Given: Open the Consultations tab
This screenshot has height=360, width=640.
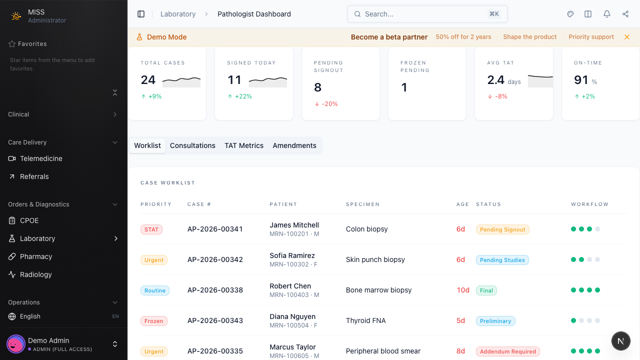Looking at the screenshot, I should (x=192, y=145).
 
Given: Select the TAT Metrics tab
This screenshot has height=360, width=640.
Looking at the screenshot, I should (x=244, y=145).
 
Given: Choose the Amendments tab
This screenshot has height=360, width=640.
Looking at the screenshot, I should (x=294, y=145).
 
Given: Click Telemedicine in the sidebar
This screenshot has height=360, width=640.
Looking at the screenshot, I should (x=41, y=158).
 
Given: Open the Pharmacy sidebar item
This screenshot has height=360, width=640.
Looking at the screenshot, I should (x=36, y=256).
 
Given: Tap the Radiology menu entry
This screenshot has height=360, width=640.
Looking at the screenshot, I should (x=36, y=274).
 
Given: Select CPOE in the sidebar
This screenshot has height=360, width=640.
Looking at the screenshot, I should (x=29, y=220).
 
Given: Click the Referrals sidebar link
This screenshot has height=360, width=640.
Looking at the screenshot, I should (x=34, y=176).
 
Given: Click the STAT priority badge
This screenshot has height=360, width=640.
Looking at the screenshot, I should (x=151, y=229).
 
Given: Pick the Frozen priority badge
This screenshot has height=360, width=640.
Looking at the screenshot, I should (x=154, y=321).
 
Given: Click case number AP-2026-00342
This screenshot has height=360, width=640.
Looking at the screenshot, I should (x=215, y=259).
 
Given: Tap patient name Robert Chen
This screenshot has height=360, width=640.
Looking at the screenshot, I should (x=290, y=286).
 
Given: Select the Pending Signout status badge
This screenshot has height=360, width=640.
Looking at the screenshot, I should (x=502, y=229).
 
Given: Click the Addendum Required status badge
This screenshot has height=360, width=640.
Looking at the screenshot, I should (x=507, y=351).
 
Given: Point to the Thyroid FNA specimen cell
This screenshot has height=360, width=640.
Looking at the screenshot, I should (x=366, y=320).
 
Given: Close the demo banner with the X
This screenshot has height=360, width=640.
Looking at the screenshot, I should (x=627, y=37).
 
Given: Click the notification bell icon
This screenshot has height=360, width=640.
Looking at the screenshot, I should (x=607, y=14).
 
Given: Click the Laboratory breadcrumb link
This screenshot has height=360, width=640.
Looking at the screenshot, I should (x=178, y=14).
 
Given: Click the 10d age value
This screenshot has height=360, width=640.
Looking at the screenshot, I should (x=463, y=290).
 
